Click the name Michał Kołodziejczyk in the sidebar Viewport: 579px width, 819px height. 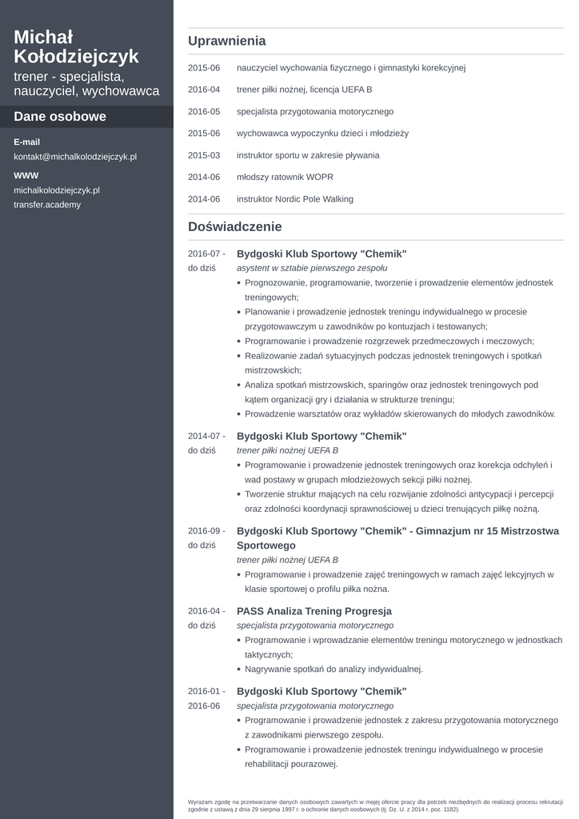coord(76,46)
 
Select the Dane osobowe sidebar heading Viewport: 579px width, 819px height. coord(60,117)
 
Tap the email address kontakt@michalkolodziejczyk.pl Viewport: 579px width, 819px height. coord(75,157)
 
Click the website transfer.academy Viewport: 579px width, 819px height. coord(47,205)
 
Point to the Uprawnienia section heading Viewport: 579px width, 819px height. coord(227,41)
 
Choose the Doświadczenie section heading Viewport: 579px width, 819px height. coord(235,227)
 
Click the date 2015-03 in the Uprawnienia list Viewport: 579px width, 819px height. coord(204,155)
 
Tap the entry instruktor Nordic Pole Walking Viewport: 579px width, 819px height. coord(294,199)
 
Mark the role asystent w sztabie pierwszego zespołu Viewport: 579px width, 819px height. coord(312,268)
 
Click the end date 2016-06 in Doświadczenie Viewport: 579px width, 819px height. coord(204,705)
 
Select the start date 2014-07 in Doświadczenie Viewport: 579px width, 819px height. coord(204,436)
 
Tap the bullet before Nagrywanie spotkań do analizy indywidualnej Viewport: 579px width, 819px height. coord(239,669)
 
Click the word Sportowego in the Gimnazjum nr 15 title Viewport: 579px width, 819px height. coord(266,545)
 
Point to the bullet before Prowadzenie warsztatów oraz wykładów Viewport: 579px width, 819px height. coord(239,414)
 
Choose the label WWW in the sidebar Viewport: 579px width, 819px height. coord(26,175)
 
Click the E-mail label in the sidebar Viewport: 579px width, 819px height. coord(26,142)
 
